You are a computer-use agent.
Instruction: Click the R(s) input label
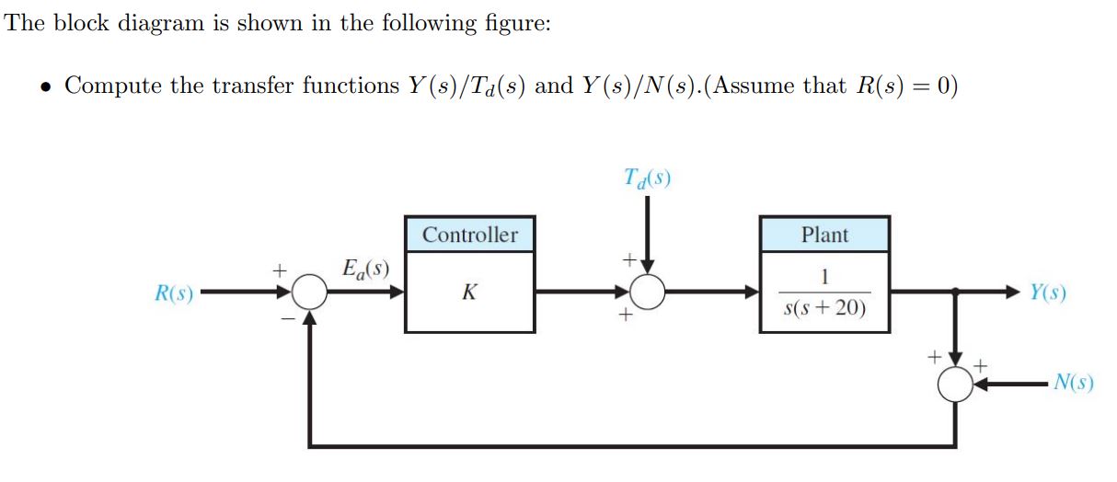[x=172, y=295]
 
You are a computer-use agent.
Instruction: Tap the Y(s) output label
[x=1048, y=293]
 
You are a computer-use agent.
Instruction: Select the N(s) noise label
[x=1074, y=382]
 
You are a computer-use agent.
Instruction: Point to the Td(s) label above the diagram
[x=646, y=178]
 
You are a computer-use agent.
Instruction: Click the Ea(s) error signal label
[x=364, y=270]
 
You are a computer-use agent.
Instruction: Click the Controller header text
[x=469, y=235]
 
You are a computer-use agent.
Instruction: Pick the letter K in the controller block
[x=469, y=293]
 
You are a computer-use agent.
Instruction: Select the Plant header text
[x=824, y=235]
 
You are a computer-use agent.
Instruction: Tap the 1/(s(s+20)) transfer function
[x=824, y=293]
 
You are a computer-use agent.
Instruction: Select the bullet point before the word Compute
[x=44, y=87]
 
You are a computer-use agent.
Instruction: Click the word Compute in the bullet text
[x=113, y=86]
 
